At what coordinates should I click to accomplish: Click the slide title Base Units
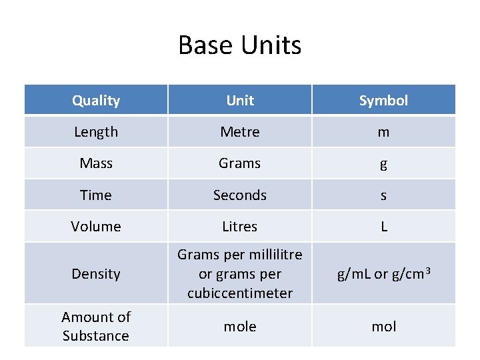pos(240,45)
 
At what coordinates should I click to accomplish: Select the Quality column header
pos(96,101)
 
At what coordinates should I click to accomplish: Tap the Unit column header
pos(240,101)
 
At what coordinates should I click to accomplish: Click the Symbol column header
pos(383,101)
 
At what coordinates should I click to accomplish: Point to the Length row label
pos(96,132)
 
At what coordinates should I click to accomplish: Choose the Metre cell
pos(240,132)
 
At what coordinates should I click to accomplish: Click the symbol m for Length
pos(383,133)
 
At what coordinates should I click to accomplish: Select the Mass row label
pos(96,163)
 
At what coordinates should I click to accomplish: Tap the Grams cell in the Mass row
pos(240,163)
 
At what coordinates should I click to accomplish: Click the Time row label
pos(96,195)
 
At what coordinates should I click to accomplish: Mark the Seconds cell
pos(240,195)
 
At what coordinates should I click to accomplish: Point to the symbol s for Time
pos(383,196)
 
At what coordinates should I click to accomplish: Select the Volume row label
pos(96,227)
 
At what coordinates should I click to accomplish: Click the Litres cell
pos(240,227)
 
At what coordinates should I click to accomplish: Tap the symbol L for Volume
pos(383,227)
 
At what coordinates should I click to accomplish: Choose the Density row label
pos(96,274)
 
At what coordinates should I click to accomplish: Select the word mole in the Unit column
pos(240,327)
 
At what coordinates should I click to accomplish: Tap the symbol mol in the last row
pos(383,327)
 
